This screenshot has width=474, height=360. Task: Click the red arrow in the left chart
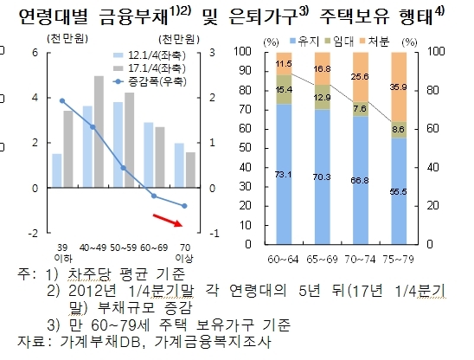coord(168,220)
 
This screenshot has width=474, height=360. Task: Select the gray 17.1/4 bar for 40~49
coord(99,132)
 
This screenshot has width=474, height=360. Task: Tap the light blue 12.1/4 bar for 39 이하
coord(57,170)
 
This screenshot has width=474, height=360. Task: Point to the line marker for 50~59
coord(124,168)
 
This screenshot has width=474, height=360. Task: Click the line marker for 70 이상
coord(184,206)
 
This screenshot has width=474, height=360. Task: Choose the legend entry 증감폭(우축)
coord(150,81)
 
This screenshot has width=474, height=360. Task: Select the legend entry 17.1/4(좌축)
coord(150,68)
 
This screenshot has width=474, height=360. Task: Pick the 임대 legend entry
coord(339,42)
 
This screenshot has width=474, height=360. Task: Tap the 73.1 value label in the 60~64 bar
coord(284,174)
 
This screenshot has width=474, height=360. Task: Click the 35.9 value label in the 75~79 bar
coord(399,87)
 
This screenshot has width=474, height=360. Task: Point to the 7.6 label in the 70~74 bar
coord(360,108)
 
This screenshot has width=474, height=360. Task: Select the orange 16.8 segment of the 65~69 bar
coord(323,68)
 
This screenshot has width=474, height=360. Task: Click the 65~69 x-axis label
coord(322,260)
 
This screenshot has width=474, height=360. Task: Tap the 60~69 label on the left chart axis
coord(154,247)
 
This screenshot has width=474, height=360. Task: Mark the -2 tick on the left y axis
coord(33,234)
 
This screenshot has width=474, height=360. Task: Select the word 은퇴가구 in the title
coord(263,16)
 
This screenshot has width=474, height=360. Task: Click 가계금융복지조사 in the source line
coord(213,342)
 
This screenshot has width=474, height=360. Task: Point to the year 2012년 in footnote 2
coord(93,291)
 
